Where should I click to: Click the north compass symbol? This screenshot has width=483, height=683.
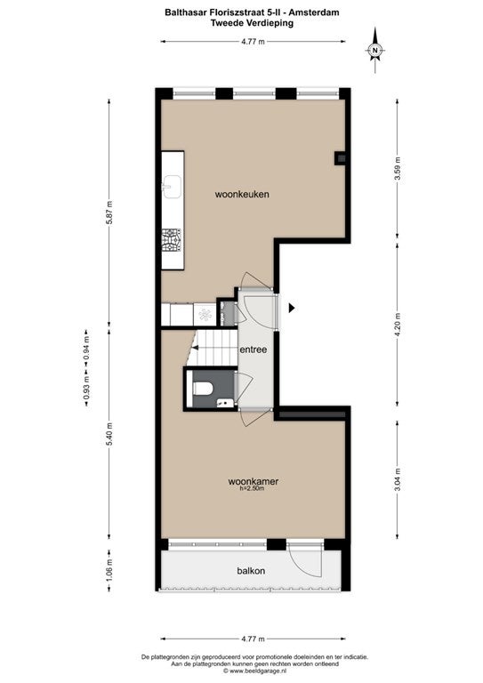374,50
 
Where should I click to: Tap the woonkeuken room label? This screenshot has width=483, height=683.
242,194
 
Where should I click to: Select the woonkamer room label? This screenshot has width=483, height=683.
253,481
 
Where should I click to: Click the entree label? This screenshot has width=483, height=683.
253,350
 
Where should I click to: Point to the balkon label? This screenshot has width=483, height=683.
251,571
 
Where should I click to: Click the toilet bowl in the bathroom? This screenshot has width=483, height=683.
202,389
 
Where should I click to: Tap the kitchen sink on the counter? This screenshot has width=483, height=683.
172,187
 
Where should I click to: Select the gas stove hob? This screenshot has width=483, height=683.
172,241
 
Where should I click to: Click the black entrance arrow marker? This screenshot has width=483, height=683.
292,308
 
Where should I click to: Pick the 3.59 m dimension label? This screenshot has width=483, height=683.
398,171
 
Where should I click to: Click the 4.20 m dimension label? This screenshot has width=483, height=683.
398,324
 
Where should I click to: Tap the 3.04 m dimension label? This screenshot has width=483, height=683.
398,479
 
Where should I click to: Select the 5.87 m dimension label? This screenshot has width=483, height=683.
109,213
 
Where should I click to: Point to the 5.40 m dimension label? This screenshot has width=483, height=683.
109,434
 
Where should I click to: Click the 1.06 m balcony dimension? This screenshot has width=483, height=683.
109,570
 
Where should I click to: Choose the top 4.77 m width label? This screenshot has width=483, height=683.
253,42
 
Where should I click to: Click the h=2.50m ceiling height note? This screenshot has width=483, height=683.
252,489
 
